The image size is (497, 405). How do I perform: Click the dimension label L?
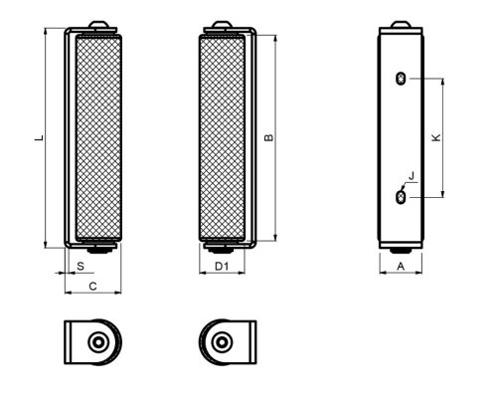[37, 138]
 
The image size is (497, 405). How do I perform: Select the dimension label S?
[80, 267]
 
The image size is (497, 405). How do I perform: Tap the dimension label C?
[91, 286]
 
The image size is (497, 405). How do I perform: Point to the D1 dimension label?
[223, 267]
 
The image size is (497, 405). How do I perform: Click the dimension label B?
[270, 138]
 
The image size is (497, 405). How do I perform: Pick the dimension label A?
[400, 267]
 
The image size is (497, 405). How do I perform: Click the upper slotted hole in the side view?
[400, 80]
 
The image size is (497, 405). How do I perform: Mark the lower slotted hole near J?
[400, 198]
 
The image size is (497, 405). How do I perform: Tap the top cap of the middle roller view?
[222, 25]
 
